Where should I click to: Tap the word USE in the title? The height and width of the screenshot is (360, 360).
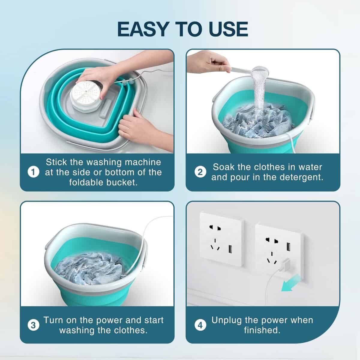229,29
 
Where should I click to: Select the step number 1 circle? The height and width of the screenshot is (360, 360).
33,172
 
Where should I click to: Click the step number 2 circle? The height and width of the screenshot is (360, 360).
200,172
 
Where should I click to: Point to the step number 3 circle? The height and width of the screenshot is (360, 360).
33,325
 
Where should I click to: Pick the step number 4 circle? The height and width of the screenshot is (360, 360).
200,325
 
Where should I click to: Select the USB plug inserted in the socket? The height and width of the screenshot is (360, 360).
284,264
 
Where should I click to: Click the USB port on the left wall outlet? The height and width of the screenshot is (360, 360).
230,249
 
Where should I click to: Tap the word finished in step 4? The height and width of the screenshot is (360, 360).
262,330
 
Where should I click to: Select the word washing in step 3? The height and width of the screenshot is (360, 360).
77,331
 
